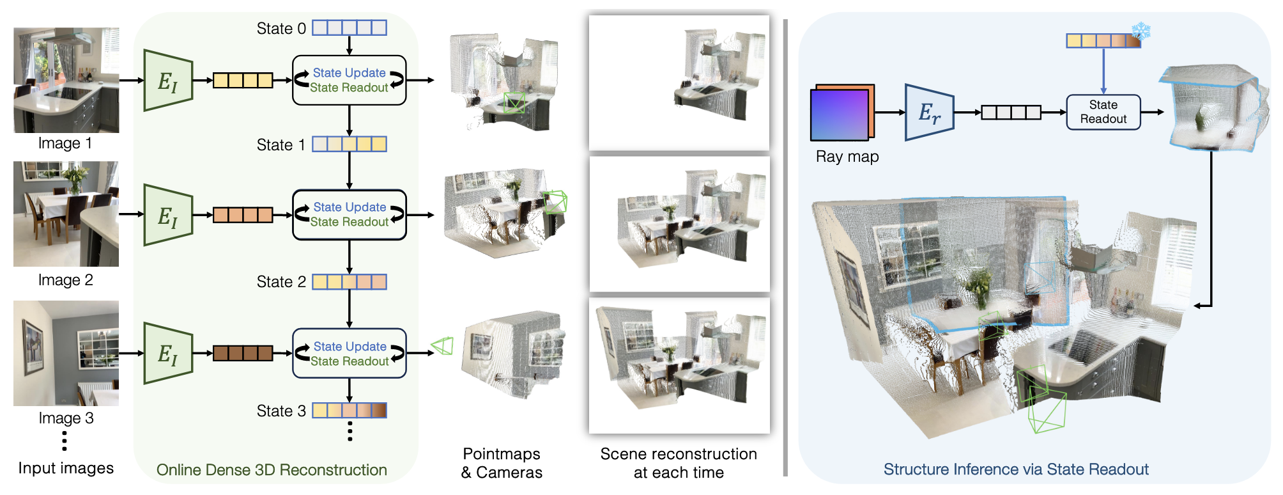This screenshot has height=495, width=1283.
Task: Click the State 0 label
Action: click(x=281, y=29)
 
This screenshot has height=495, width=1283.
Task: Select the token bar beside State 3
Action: click(x=350, y=411)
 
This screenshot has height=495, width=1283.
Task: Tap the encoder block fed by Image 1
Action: click(x=169, y=81)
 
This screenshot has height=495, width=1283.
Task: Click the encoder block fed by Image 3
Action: click(x=169, y=353)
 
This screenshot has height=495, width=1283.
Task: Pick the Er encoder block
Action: click(x=929, y=113)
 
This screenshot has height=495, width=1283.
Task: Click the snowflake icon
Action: click(x=1141, y=31)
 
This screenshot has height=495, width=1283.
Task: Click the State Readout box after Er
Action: click(x=1103, y=112)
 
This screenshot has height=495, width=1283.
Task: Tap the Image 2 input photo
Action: click(x=66, y=214)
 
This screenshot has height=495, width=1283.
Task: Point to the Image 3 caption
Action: click(x=66, y=418)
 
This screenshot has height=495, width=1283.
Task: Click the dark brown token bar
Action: click(x=243, y=353)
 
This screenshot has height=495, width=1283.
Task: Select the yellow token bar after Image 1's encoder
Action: click(x=243, y=81)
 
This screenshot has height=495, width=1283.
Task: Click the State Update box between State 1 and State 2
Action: click(x=350, y=215)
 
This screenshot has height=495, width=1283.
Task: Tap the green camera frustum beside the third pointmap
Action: click(x=443, y=347)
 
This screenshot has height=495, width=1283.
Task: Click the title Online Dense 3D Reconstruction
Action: click(x=272, y=470)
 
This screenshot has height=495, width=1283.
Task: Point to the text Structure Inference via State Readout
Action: click(x=1016, y=469)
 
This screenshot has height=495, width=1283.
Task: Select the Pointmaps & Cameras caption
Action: click(x=502, y=463)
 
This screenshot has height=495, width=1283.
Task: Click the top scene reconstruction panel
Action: click(x=679, y=83)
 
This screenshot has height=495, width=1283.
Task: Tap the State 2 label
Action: click(x=281, y=282)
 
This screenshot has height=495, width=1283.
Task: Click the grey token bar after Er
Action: click(x=1011, y=113)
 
